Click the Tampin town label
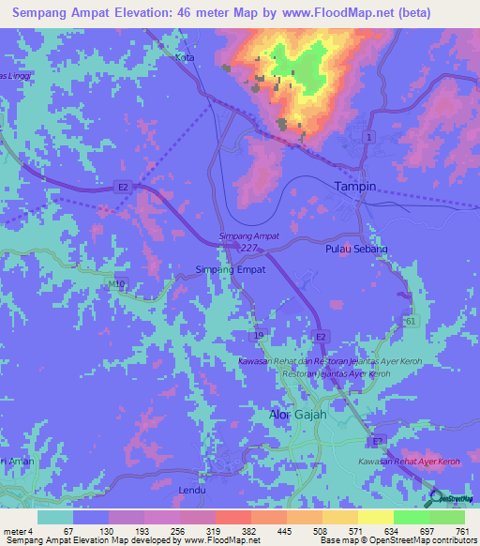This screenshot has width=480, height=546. [355, 186]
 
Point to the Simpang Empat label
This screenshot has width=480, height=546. [230, 269]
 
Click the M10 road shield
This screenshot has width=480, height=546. [115, 283]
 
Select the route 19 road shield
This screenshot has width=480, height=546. [256, 333]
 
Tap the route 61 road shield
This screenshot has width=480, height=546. [410, 321]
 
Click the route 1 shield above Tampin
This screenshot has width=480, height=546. [370, 137]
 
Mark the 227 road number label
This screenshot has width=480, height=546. [247, 248]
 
